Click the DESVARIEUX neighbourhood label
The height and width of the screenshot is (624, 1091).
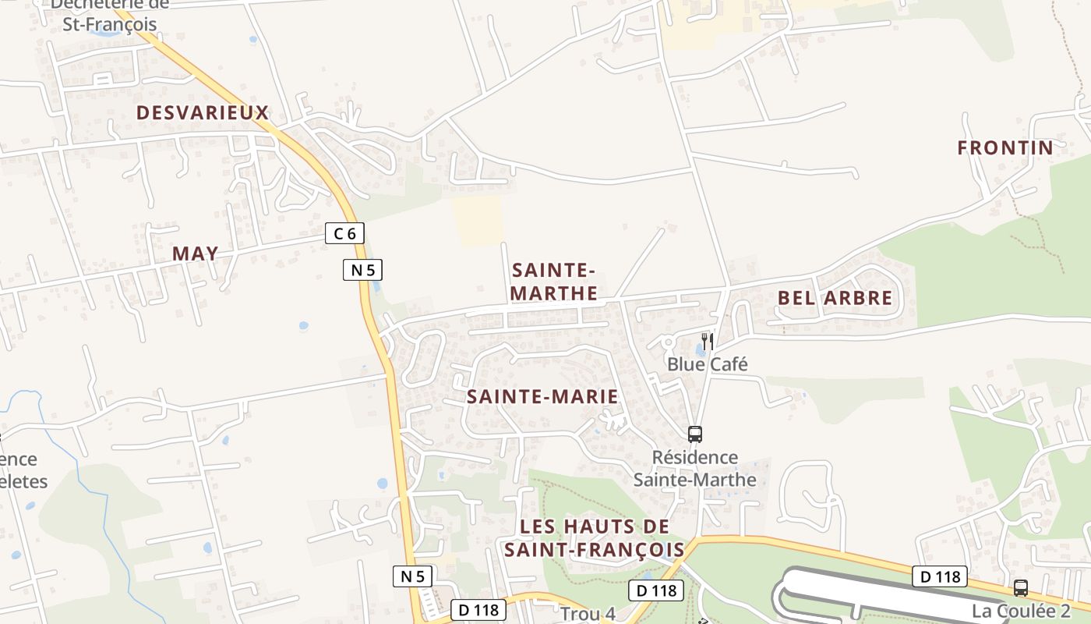(203, 112)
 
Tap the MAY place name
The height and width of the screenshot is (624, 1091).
(195, 253)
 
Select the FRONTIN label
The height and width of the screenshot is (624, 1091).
(1004, 147)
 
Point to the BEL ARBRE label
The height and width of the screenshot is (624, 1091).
(835, 298)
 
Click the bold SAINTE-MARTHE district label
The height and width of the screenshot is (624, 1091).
(554, 282)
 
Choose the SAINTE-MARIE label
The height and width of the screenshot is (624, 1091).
(542, 396)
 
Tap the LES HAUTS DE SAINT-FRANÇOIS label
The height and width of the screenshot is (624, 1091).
(594, 538)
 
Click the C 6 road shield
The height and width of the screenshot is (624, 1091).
(344, 232)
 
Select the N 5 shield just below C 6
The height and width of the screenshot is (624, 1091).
(362, 271)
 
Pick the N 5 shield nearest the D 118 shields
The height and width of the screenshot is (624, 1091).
(412, 576)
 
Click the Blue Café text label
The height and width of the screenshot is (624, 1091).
(707, 364)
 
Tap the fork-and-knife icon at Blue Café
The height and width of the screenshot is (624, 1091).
(707, 341)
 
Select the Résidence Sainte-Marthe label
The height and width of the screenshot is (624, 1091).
(694, 468)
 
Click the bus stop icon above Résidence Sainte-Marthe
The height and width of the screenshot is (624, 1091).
(694, 434)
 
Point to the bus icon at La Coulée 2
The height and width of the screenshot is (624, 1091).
(1020, 588)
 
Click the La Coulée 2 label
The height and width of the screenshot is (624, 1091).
(1020, 611)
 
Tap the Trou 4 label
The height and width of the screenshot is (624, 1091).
(588, 614)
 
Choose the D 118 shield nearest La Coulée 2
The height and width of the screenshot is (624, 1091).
(940, 576)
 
